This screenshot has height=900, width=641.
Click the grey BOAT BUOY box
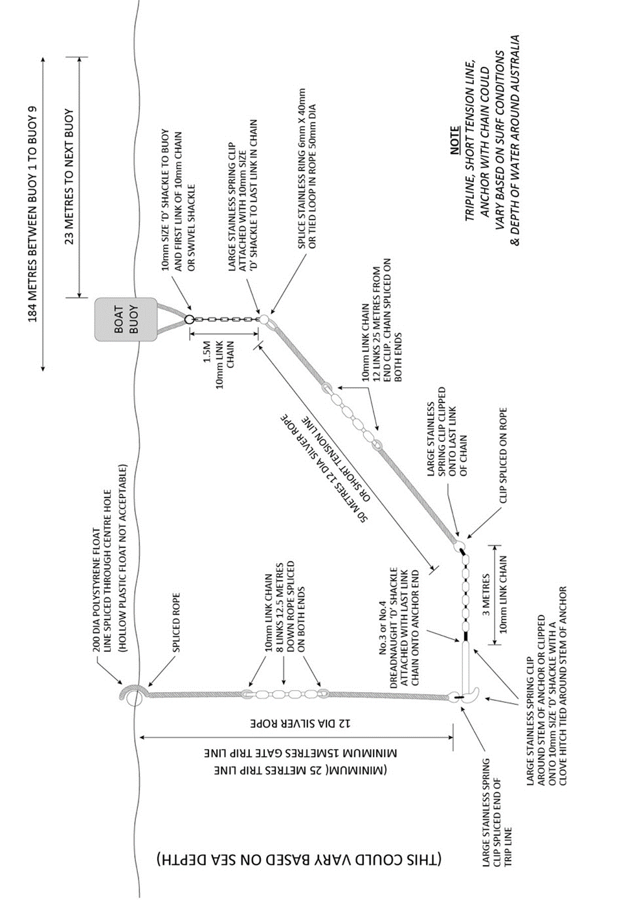(x=127, y=319)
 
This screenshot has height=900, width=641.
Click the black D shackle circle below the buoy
(x=188, y=319)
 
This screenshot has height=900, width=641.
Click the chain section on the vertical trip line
(x=284, y=694)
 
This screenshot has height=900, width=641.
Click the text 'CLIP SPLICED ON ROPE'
(x=502, y=455)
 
